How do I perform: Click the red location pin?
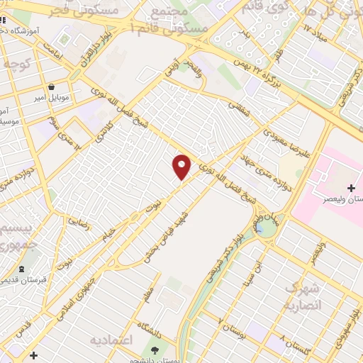[x=182, y=167]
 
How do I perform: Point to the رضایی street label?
[x=78, y=222]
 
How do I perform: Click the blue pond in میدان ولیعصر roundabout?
[x=266, y=228]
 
